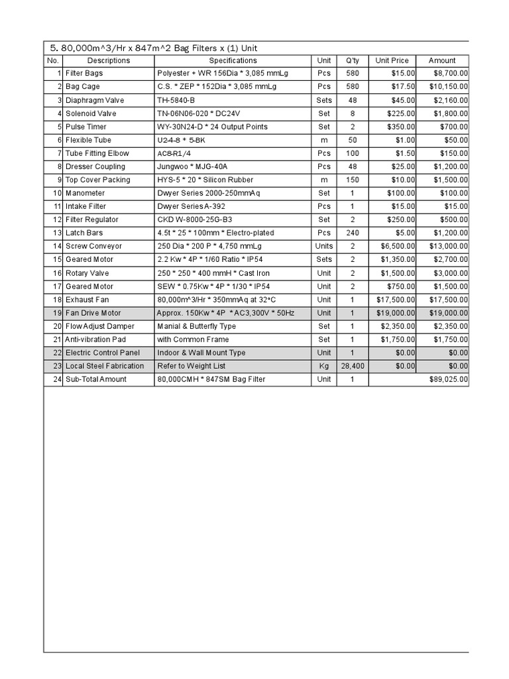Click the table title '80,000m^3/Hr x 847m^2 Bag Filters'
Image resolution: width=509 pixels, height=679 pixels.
tap(154, 48)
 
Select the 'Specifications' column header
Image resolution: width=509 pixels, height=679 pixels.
tap(233, 60)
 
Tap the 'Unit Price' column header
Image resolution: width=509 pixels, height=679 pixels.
tap(392, 60)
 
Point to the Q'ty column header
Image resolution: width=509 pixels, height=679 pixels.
tap(353, 60)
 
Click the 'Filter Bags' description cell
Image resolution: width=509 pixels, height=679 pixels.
tap(84, 74)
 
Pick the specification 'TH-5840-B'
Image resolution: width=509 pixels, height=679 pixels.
tap(177, 100)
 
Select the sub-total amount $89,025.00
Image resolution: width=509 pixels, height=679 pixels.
tap(449, 379)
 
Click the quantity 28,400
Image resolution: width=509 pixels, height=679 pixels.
tap(353, 366)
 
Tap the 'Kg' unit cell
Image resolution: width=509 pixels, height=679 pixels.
tap(324, 366)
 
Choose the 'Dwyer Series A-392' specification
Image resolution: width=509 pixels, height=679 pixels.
tap(191, 206)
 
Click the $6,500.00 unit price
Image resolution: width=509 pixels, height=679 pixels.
tap(398, 246)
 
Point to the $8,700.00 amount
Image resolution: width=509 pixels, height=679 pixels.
tap(451, 74)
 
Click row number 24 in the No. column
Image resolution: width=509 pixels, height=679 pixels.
tap(57, 379)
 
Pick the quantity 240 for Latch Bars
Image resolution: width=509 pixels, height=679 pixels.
tap(353, 233)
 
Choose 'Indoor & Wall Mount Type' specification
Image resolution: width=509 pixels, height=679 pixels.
tap(201, 353)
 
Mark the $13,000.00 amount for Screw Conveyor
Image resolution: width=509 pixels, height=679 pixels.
tap(449, 246)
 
